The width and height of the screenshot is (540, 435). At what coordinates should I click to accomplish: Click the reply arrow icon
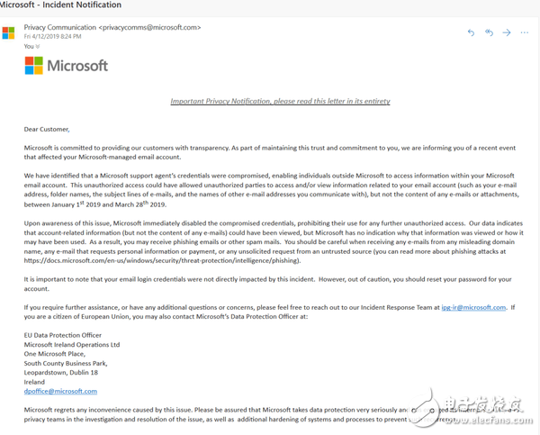(x=471, y=32)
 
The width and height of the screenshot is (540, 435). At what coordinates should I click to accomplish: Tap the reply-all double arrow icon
(x=489, y=32)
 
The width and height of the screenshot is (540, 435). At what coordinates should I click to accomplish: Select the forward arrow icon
(x=507, y=32)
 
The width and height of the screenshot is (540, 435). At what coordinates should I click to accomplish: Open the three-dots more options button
(x=525, y=32)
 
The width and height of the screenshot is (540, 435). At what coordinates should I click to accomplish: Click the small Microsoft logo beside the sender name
(x=8, y=33)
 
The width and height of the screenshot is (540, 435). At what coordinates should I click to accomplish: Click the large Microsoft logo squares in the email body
(x=33, y=66)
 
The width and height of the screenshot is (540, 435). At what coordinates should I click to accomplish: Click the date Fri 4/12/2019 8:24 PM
(x=55, y=36)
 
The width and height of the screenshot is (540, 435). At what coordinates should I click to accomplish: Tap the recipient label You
(x=29, y=46)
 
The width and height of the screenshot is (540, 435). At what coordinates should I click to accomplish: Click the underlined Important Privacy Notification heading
(x=280, y=102)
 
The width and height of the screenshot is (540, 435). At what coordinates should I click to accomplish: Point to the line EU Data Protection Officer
(x=65, y=335)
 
